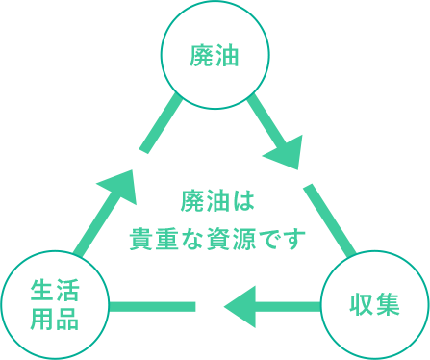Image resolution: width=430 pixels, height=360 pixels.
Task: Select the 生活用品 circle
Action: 54,303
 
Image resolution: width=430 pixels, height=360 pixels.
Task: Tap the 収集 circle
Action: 374,303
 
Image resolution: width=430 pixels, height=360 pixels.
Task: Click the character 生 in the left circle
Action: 40,291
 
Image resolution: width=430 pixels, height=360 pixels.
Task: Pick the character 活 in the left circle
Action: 66,291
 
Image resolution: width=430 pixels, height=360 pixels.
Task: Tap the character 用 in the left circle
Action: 40,318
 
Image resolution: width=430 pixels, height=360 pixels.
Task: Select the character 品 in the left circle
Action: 66,318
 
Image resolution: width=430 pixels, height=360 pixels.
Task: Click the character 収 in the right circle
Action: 360,304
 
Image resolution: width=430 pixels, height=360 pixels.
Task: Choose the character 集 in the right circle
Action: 388,304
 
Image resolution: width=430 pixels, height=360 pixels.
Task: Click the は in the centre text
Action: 241,201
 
